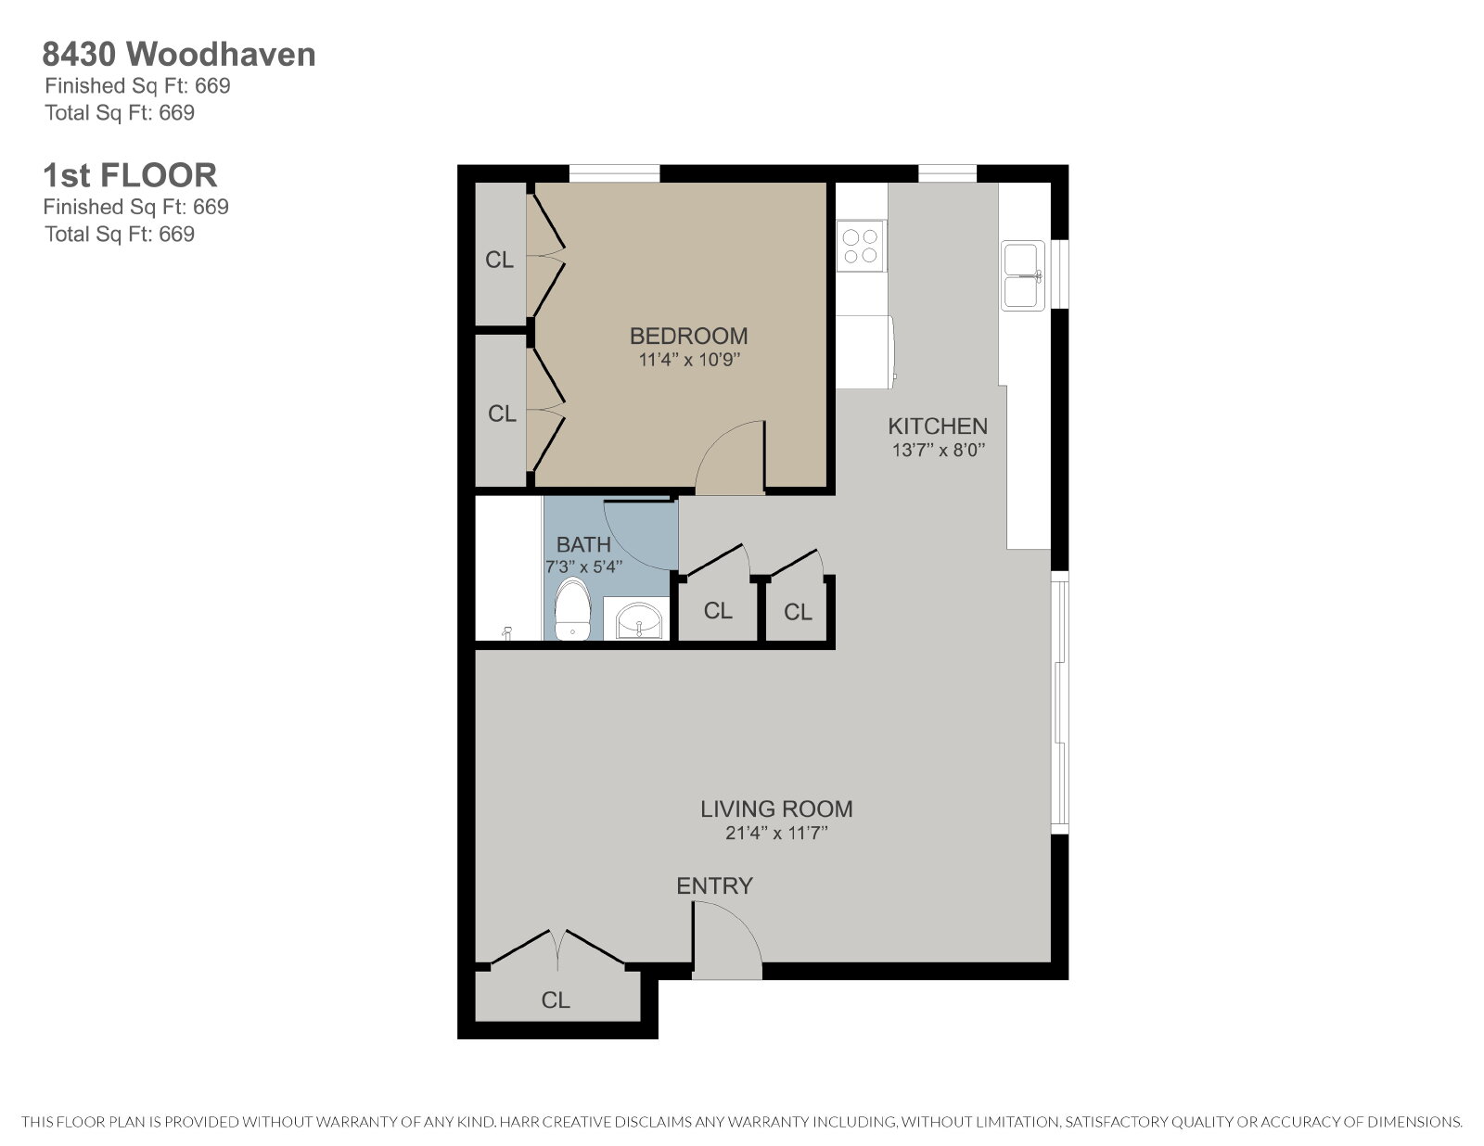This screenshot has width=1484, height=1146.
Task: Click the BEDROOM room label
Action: pyautogui.click(x=688, y=336)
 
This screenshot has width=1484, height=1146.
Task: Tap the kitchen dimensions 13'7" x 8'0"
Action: pyautogui.click(x=939, y=450)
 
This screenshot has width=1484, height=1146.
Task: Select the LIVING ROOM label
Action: pyautogui.click(x=776, y=809)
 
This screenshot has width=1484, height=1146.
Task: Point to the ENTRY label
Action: pyautogui.click(x=714, y=886)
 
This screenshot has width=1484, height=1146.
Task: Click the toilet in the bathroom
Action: pyautogui.click(x=572, y=609)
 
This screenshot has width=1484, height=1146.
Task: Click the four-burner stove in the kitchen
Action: pyautogui.click(x=861, y=247)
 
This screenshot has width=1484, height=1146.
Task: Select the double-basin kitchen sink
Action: pyautogui.click(x=1023, y=275)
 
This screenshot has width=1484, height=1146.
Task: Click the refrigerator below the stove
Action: pyautogui.click(x=865, y=352)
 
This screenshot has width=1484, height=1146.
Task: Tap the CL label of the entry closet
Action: pyautogui.click(x=556, y=1000)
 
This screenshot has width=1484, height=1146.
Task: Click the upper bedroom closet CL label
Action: pyautogui.click(x=499, y=260)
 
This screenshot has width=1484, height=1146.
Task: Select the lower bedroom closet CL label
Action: pyautogui.click(x=502, y=413)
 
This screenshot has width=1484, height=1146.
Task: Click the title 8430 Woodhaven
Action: pyautogui.click(x=179, y=54)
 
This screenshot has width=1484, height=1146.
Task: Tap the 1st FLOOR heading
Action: pyautogui.click(x=130, y=175)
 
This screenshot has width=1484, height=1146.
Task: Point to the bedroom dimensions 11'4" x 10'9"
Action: pyautogui.click(x=689, y=360)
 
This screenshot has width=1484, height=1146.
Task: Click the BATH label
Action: pyautogui.click(x=583, y=544)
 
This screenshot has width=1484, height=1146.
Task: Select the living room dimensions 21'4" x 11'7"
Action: pyautogui.click(x=776, y=833)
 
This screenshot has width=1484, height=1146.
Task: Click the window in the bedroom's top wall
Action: pyautogui.click(x=615, y=174)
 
